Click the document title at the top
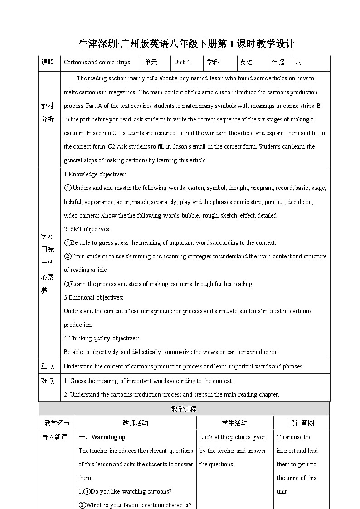(186, 44)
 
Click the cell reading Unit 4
(182, 63)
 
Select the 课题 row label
(48, 63)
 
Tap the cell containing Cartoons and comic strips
(97, 63)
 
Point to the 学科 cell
(213, 63)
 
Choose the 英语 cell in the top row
(247, 63)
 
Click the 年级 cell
(278, 63)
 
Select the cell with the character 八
(298, 63)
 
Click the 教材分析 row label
(48, 112)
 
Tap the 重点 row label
(48, 366)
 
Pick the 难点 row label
(48, 381)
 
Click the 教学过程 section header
(184, 409)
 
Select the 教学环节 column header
(57, 423)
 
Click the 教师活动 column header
(135, 423)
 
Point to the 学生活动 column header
(234, 423)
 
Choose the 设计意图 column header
(302, 423)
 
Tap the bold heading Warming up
(108, 437)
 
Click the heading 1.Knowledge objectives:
(95, 174)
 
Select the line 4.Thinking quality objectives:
(101, 338)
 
